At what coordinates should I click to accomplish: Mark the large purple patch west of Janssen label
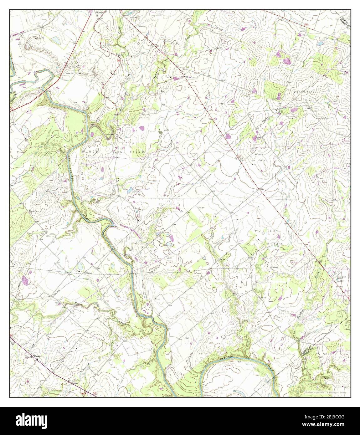(x=228, y=136)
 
